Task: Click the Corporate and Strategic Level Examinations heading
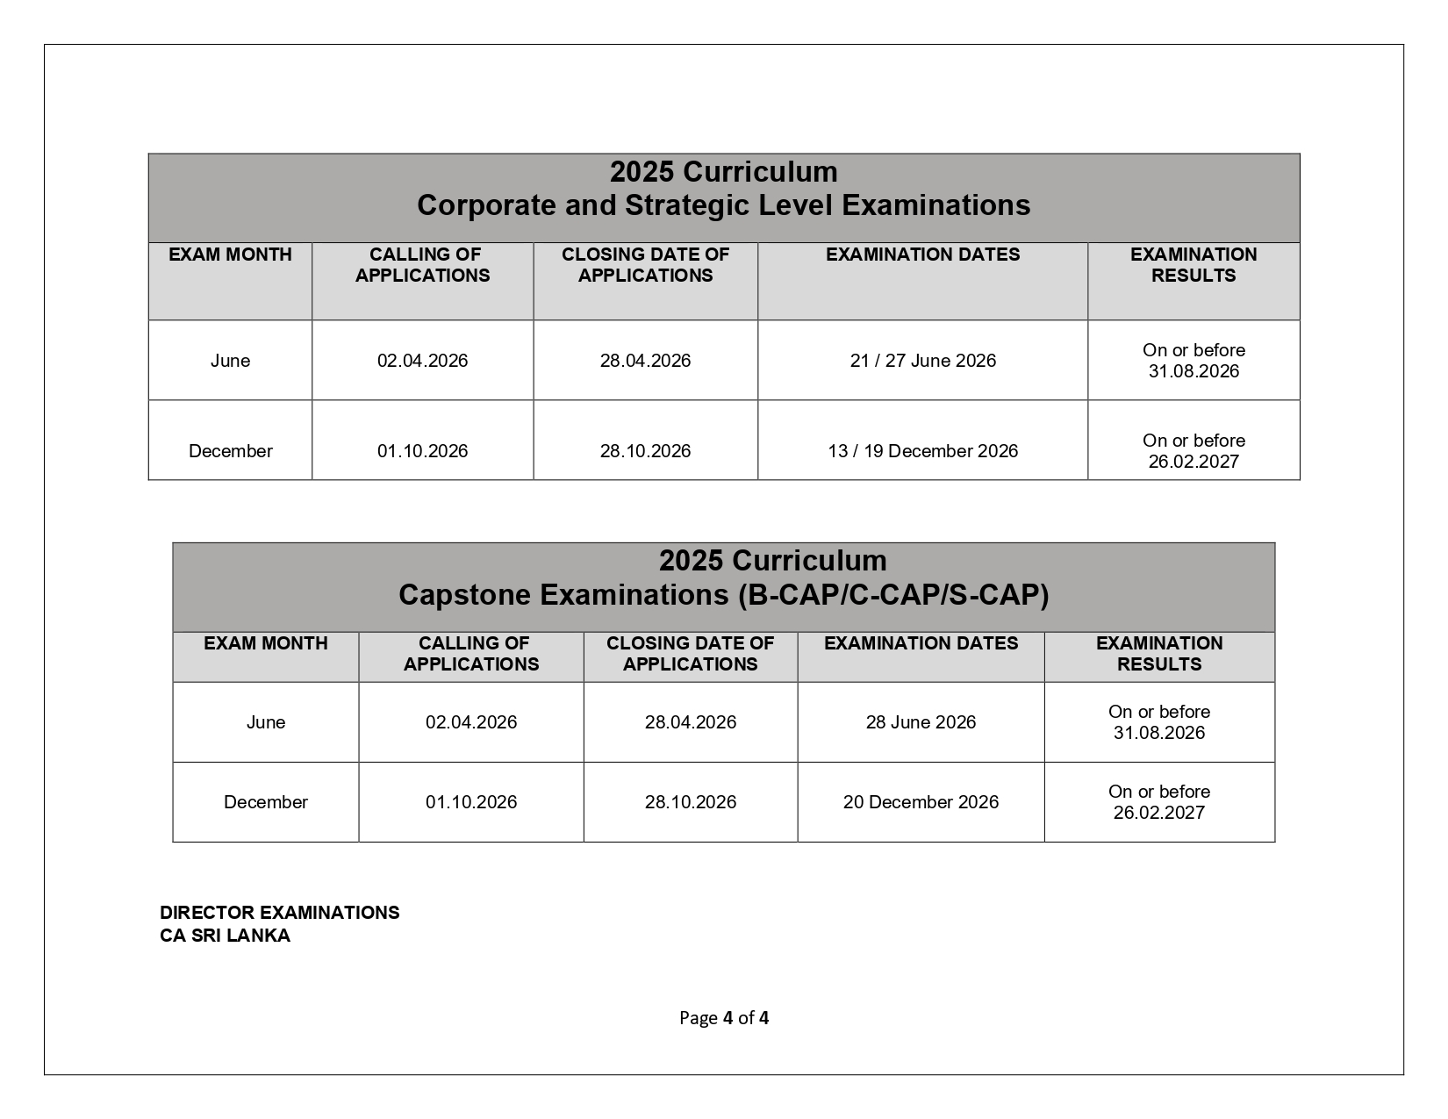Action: pyautogui.click(x=723, y=205)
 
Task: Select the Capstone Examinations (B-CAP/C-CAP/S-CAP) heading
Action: pyautogui.click(x=723, y=595)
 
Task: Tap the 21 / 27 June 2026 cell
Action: pyautogui.click(x=922, y=361)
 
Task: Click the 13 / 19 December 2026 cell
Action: pyautogui.click(x=922, y=451)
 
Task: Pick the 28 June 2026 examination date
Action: pyautogui.click(x=921, y=722)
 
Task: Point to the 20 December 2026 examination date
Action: pyautogui.click(x=921, y=802)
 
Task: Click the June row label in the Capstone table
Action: pyautogui.click(x=265, y=722)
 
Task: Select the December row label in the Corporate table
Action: pyautogui.click(x=230, y=451)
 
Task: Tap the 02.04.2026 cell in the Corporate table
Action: pyautogui.click(x=422, y=361)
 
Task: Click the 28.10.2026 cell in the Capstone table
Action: pyautogui.click(x=690, y=802)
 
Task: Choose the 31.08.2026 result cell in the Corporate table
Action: pyautogui.click(x=1194, y=361)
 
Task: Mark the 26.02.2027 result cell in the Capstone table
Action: pyautogui.click(x=1158, y=802)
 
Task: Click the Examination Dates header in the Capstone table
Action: pyautogui.click(x=921, y=643)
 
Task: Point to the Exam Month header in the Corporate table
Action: pyautogui.click(x=230, y=255)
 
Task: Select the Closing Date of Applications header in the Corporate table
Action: pyautogui.click(x=645, y=265)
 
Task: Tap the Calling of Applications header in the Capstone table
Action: pyautogui.click(x=471, y=654)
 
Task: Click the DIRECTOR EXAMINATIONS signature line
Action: pyautogui.click(x=279, y=913)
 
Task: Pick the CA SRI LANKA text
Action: pyautogui.click(x=225, y=936)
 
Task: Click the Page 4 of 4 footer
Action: pyautogui.click(x=723, y=1018)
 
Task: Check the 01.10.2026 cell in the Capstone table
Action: pyautogui.click(x=471, y=802)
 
